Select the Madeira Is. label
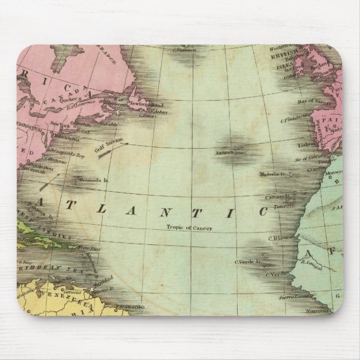point(273,174)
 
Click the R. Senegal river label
point(310,259)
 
